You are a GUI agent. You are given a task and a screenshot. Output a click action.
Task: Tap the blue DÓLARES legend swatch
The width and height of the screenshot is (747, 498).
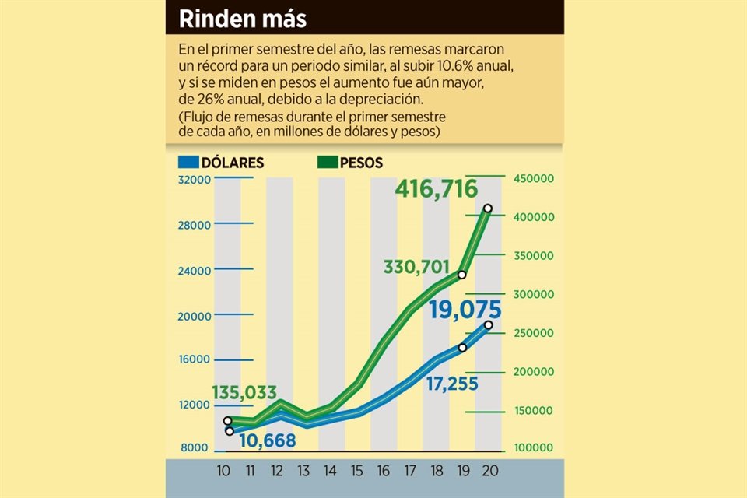click(x=188, y=163)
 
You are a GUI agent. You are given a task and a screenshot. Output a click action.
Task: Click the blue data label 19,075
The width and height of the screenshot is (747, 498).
click(x=464, y=310)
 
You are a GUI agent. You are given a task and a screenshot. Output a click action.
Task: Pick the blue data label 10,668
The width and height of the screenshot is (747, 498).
click(x=268, y=440)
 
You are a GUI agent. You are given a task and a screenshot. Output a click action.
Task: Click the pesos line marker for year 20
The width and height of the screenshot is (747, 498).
click(x=488, y=209)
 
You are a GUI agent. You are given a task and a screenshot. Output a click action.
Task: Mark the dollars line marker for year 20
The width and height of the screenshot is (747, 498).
click(x=488, y=325)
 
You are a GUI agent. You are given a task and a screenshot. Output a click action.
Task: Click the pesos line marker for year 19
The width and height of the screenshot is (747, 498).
click(x=461, y=275)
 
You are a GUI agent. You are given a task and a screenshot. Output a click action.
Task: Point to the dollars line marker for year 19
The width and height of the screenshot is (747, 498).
click(x=462, y=348)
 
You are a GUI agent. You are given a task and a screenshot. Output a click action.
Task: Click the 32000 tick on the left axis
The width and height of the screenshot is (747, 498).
click(x=196, y=180)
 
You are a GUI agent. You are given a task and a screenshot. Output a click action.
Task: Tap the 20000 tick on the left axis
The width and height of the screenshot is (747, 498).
click(x=196, y=316)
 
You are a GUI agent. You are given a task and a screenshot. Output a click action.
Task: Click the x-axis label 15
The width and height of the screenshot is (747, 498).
click(x=356, y=472)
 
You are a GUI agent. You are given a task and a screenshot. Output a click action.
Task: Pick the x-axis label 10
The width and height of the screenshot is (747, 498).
click(x=225, y=472)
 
